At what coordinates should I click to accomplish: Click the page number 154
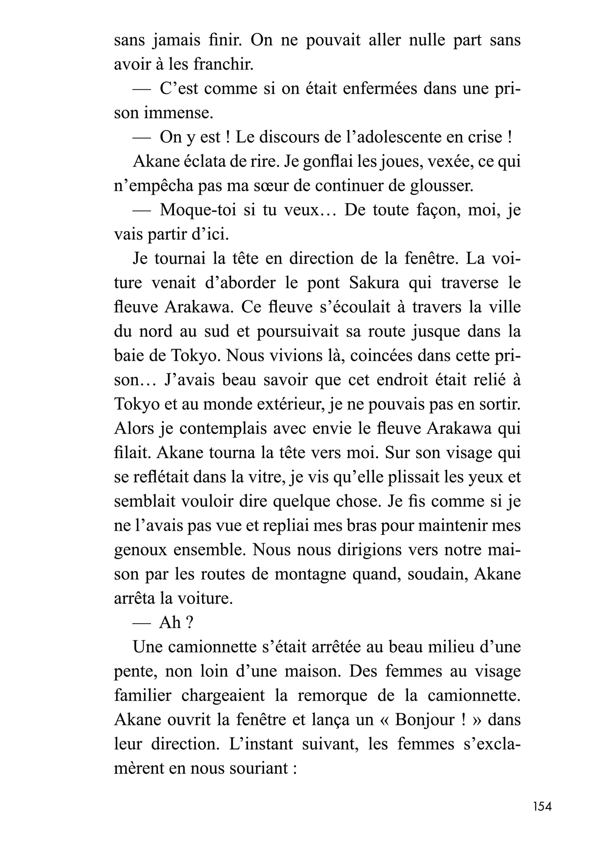coord(542,817)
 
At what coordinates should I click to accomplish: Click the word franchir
coord(223,65)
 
